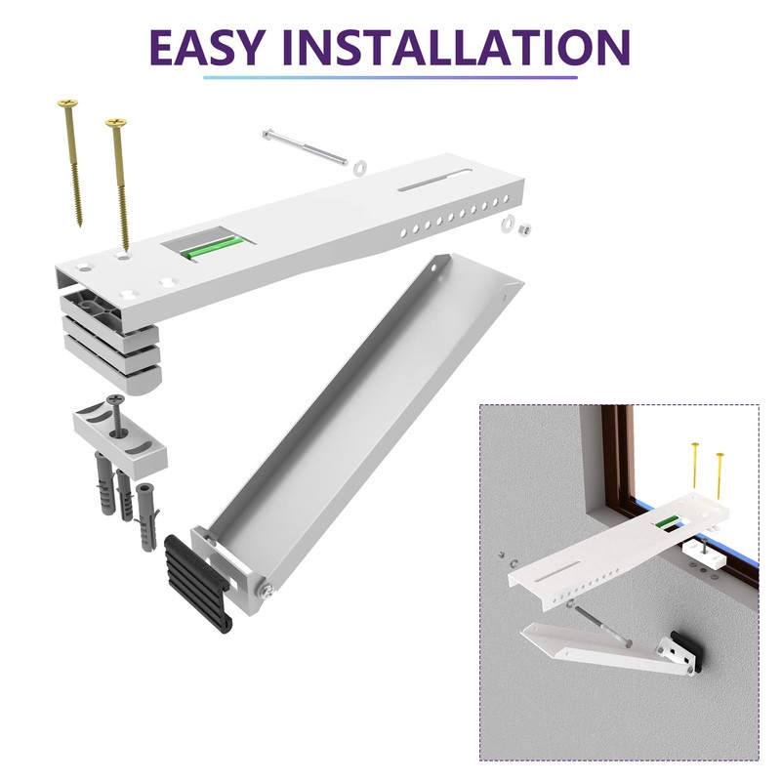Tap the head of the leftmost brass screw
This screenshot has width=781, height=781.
67,102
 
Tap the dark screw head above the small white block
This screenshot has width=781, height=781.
117,399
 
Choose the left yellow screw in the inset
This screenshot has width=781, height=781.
694,473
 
